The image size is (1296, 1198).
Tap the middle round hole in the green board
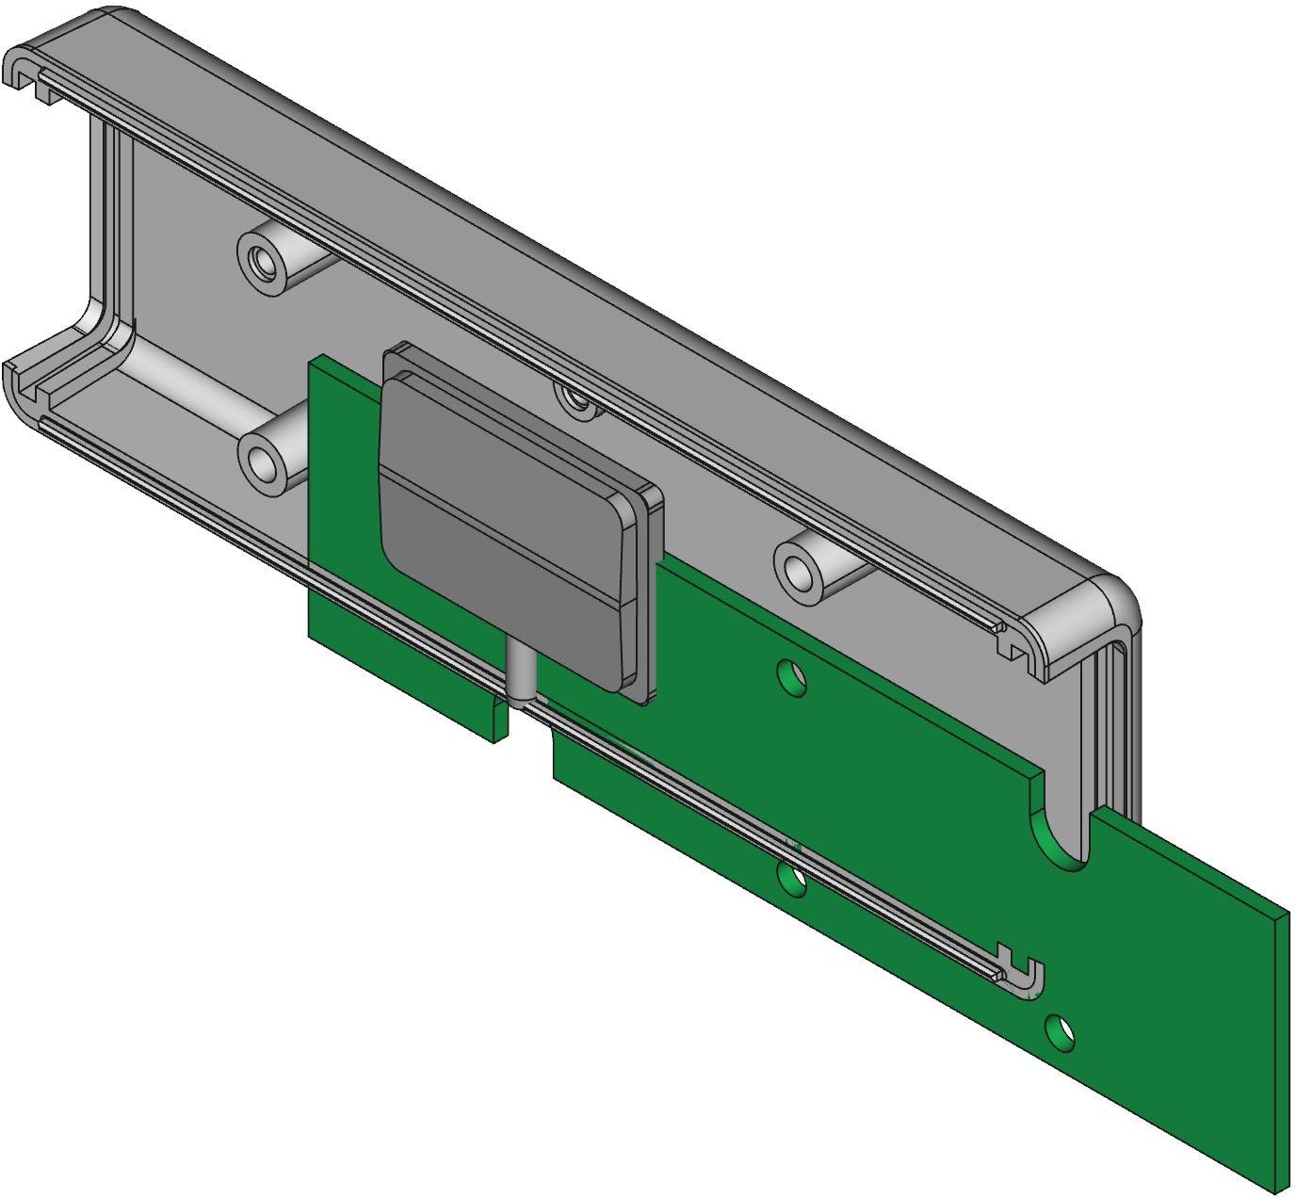pyautogui.click(x=793, y=880)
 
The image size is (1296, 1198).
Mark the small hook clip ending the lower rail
pyautogui.click(x=1022, y=975)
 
